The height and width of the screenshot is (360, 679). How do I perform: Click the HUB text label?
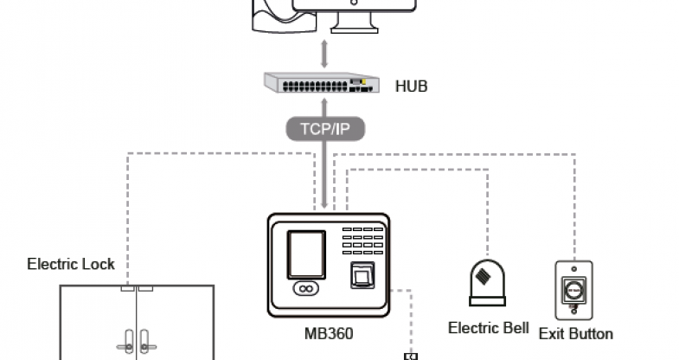click(x=411, y=87)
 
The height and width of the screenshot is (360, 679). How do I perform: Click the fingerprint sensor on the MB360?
click(x=362, y=277)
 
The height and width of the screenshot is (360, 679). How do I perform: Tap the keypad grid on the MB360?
click(x=363, y=241)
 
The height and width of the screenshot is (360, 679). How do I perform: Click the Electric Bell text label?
click(x=488, y=328)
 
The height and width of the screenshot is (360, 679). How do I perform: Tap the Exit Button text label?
click(x=575, y=333)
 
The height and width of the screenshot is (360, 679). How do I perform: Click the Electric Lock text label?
click(x=71, y=264)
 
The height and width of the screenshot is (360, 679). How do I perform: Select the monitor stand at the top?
click(x=355, y=22)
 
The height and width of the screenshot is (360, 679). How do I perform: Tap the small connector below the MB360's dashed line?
click(x=411, y=356)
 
